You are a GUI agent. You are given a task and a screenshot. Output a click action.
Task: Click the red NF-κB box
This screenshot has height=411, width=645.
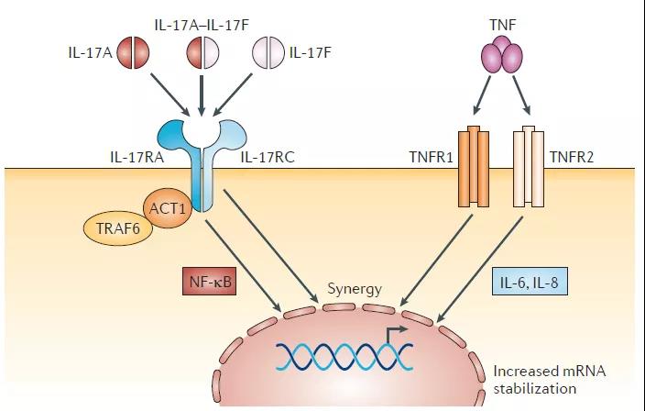tap(210, 281)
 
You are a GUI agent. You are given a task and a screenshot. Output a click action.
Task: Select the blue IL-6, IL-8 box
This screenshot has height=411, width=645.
tap(530, 282)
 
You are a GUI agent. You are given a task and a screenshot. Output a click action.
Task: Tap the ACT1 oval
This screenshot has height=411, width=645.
tap(167, 208)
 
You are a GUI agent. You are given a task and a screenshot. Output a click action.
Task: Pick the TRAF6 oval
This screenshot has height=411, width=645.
tap(118, 228)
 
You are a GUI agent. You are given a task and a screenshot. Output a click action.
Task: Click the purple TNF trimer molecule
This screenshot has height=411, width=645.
tap(502, 55)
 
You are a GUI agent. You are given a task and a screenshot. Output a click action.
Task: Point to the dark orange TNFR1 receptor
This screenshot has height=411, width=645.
tap(474, 166)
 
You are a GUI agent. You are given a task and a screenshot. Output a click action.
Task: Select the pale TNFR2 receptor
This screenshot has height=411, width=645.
tap(529, 166)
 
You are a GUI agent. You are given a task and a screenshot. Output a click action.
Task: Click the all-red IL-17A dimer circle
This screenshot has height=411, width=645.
tap(133, 52)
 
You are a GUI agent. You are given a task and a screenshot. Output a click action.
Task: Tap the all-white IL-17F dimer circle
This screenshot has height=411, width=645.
tap(268, 52)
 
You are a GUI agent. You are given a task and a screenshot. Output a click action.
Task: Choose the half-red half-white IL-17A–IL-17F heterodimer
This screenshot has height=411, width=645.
tap(202, 52)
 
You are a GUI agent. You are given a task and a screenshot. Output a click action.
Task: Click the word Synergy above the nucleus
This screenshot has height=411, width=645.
tap(355, 289)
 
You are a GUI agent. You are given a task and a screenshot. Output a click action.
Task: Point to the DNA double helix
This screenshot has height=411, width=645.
tap(344, 356)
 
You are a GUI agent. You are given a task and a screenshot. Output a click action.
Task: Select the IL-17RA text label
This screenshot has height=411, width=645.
tap(137, 157)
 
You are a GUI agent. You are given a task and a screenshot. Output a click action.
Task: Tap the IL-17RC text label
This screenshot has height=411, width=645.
tap(268, 157)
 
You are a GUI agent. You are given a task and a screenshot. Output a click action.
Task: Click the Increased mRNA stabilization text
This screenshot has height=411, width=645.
tap(549, 380)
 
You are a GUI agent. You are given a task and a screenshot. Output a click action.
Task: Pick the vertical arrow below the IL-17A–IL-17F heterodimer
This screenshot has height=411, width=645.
tap(202, 95)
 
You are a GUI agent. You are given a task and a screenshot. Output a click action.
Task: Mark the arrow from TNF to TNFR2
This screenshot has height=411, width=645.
tap(521, 95)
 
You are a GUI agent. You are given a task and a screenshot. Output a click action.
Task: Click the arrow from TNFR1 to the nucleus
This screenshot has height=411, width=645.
tap(435, 261)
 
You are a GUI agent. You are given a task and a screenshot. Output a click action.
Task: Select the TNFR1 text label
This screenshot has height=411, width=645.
tap(432, 157)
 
